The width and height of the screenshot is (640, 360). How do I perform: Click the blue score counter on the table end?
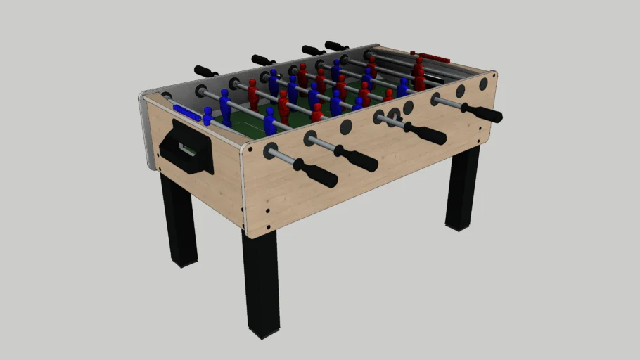tap(186, 111)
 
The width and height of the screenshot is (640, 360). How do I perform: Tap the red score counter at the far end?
tap(430, 57)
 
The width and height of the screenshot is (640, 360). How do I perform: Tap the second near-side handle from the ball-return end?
tap(356, 158)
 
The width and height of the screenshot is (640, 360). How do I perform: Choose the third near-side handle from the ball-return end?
tap(425, 133)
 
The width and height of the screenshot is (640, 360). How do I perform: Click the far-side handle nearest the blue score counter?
tap(206, 71)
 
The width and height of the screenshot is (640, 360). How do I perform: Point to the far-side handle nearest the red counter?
tap(336, 46)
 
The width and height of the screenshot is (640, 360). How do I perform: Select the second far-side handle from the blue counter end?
tap(263, 60)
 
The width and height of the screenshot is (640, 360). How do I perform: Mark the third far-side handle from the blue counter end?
tap(313, 50)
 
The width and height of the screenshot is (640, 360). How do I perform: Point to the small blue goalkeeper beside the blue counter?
tap(208, 116)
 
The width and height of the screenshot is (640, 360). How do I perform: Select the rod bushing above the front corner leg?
tap(271, 150)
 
